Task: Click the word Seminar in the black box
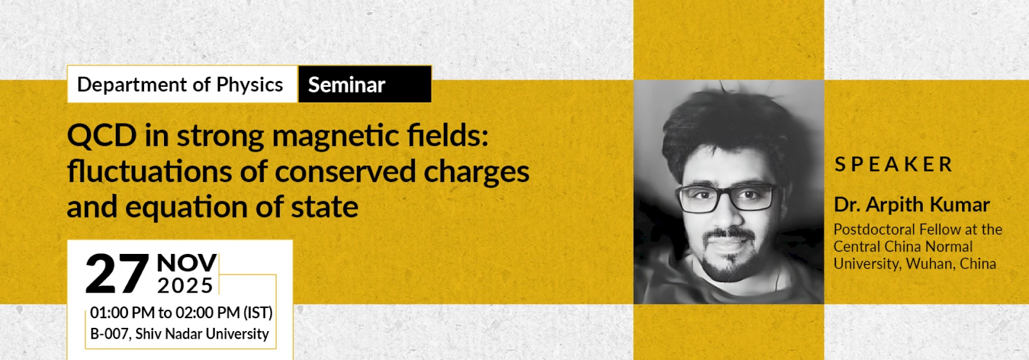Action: coord(347,85)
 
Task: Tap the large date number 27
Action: coord(117,273)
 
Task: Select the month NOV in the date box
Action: coord(187,263)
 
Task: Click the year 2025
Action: coord(185,285)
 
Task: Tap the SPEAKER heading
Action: coord(893,165)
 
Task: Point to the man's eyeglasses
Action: coord(729,197)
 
